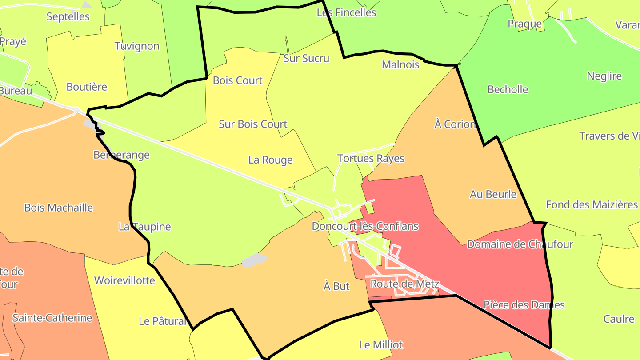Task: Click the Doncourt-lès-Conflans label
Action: [365, 226]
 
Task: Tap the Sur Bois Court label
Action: [253, 124]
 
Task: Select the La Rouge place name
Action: [270, 160]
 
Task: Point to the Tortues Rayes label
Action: [371, 159]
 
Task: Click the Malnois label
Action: [400, 65]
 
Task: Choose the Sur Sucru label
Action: [306, 58]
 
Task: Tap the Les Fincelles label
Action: [346, 12]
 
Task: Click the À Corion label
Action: [455, 124]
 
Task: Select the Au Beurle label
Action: [493, 194]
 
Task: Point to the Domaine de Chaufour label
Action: [520, 244]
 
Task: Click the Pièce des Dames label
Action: [524, 305]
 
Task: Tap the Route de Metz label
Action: [404, 284]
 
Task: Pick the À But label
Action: [336, 286]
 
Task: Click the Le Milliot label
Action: [381, 344]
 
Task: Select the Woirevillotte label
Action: [124, 281]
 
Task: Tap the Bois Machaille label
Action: [58, 208]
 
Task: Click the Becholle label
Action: [508, 89]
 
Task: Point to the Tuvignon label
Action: [136, 46]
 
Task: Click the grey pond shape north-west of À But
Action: [254, 260]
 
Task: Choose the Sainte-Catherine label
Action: [52, 318]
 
